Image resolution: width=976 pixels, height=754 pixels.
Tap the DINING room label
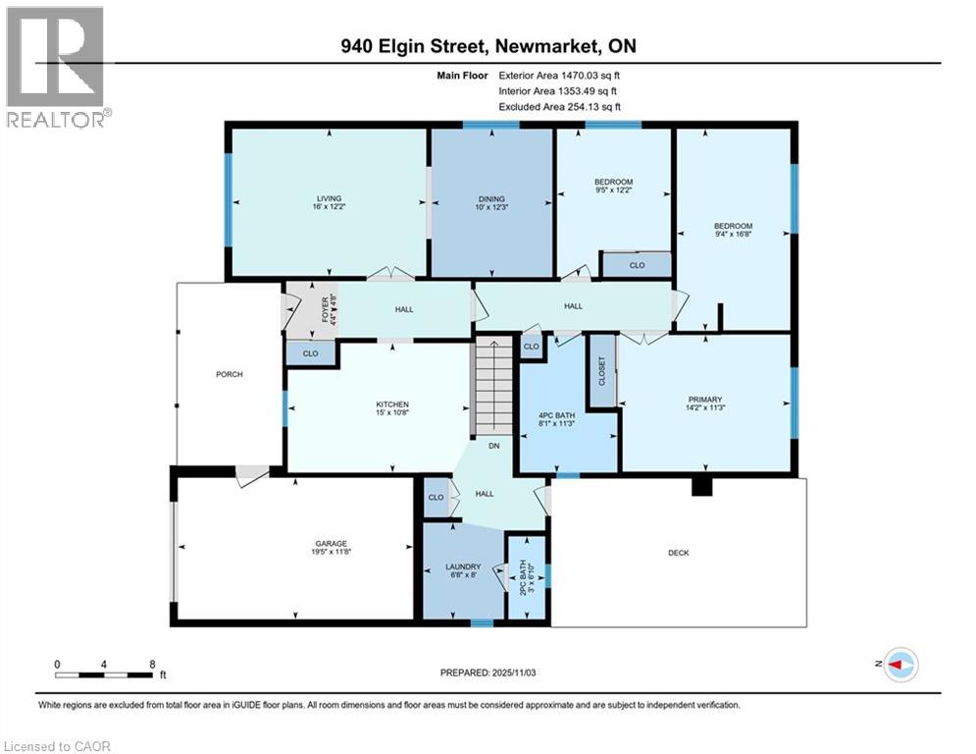(492, 198)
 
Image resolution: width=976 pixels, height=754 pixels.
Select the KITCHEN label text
(392, 404)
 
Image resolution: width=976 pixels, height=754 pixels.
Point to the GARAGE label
(331, 544)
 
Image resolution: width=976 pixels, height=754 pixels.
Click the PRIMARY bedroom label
(704, 400)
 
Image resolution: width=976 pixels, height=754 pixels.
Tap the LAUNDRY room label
(463, 567)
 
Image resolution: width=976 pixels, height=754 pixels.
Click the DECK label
(679, 553)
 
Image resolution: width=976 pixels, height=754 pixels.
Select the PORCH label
(230, 374)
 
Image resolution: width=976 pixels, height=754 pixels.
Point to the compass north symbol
(899, 665)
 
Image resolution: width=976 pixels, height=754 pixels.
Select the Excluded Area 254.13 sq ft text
(559, 106)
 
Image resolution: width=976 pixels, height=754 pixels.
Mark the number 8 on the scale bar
(152, 663)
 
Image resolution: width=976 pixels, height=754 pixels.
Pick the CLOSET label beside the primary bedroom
(602, 371)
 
